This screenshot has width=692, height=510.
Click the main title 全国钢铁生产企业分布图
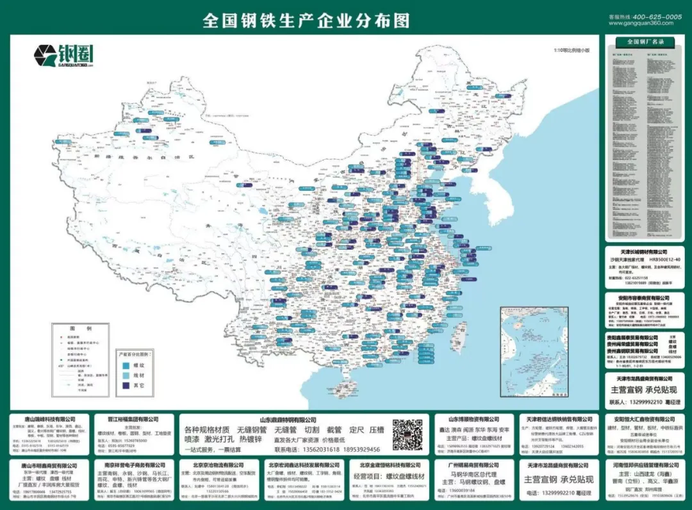click(x=306, y=21)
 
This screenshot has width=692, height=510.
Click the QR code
click(x=408, y=435)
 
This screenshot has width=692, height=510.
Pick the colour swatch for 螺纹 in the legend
click(x=127, y=365)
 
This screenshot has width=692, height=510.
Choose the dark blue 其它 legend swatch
click(x=127, y=387)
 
